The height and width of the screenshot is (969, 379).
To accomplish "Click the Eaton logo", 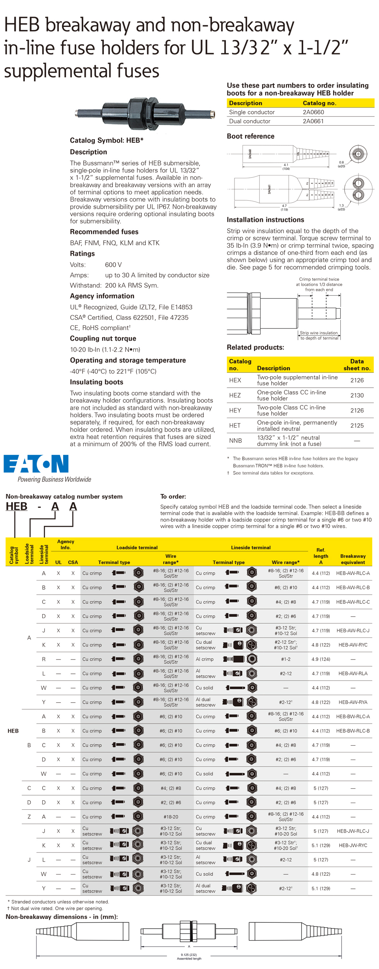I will (x=36, y=464).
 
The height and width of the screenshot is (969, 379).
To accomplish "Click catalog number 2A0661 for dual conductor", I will (x=313, y=121).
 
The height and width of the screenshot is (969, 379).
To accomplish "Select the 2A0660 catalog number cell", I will (x=313, y=112).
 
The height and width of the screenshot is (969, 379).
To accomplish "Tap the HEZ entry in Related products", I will (x=235, y=395).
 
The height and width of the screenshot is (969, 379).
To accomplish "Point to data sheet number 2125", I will (x=357, y=426).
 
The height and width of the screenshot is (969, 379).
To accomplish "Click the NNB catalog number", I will (x=235, y=441).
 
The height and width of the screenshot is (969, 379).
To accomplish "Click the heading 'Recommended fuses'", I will (x=104, y=232).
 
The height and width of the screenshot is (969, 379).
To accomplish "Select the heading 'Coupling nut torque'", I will (x=103, y=339).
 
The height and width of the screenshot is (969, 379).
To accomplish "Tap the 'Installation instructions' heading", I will (x=265, y=220).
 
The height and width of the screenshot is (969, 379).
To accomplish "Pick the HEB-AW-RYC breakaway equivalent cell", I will (x=353, y=645).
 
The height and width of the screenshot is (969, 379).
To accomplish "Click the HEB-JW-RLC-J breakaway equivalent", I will (x=353, y=831).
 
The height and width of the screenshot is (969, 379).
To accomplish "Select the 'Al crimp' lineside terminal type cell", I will (x=205, y=659).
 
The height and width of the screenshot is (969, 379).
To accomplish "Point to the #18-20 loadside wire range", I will (x=171, y=817).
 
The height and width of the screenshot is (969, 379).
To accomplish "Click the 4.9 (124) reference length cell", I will (x=321, y=659).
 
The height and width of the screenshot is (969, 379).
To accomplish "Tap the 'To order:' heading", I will (x=173, y=497).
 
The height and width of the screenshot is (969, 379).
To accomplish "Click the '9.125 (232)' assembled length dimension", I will (x=189, y=955).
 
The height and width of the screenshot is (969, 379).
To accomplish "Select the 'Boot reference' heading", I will (x=250, y=136).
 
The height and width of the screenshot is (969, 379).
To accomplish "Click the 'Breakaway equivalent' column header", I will (x=353, y=559).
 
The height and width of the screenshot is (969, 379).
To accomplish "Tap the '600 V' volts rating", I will (x=113, y=265).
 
